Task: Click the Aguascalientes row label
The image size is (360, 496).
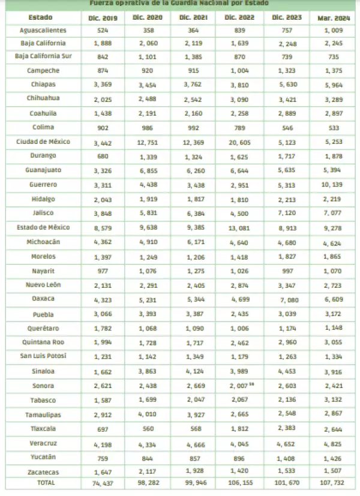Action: click(x=43, y=30)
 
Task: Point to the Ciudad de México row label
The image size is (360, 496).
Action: click(x=43, y=142)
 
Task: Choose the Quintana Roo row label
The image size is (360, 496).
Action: click(x=43, y=342)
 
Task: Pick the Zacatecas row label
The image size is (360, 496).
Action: click(x=43, y=471)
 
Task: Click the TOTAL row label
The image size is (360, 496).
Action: click(x=43, y=482)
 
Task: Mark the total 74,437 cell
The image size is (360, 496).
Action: click(x=102, y=483)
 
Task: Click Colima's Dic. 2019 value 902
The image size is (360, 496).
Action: click(x=102, y=127)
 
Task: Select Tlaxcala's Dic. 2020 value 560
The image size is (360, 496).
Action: click(x=148, y=429)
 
